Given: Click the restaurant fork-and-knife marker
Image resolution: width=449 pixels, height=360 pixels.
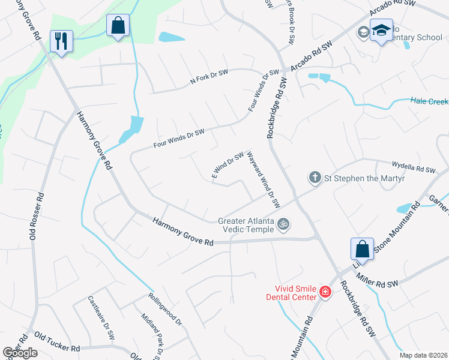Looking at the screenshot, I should pyautogui.click(x=61, y=41).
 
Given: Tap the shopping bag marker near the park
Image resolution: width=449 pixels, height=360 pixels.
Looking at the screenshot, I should pyautogui.click(x=118, y=26).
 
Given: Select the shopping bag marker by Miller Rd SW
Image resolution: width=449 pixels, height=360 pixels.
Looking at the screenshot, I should pyautogui.click(x=363, y=248).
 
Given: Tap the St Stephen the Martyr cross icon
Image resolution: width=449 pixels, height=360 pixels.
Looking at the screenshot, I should pyautogui.click(x=315, y=177).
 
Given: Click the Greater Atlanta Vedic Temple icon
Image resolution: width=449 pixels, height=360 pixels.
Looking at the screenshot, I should pyautogui.click(x=284, y=225).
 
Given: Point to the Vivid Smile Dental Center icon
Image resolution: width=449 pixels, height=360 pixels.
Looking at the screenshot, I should pyautogui.click(x=325, y=292).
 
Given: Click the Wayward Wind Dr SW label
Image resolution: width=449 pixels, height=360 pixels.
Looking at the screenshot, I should pyautogui.click(x=264, y=179).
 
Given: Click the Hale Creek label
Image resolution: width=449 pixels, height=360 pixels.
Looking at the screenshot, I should pyautogui.click(x=429, y=101).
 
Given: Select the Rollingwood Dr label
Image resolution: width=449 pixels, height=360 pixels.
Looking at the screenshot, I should pyautogui.click(x=164, y=309).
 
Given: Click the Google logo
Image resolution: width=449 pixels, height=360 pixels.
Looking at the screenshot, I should pyautogui.click(x=20, y=353).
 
